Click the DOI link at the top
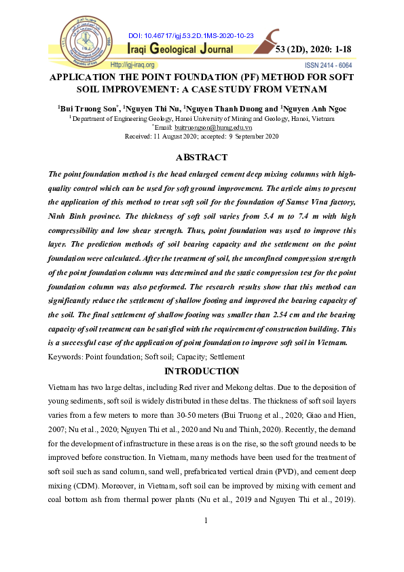point(190,35)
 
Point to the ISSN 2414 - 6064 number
point(329,65)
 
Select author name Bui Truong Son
point(86,108)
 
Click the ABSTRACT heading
point(202,158)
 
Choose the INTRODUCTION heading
point(202,371)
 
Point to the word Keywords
point(65,357)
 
